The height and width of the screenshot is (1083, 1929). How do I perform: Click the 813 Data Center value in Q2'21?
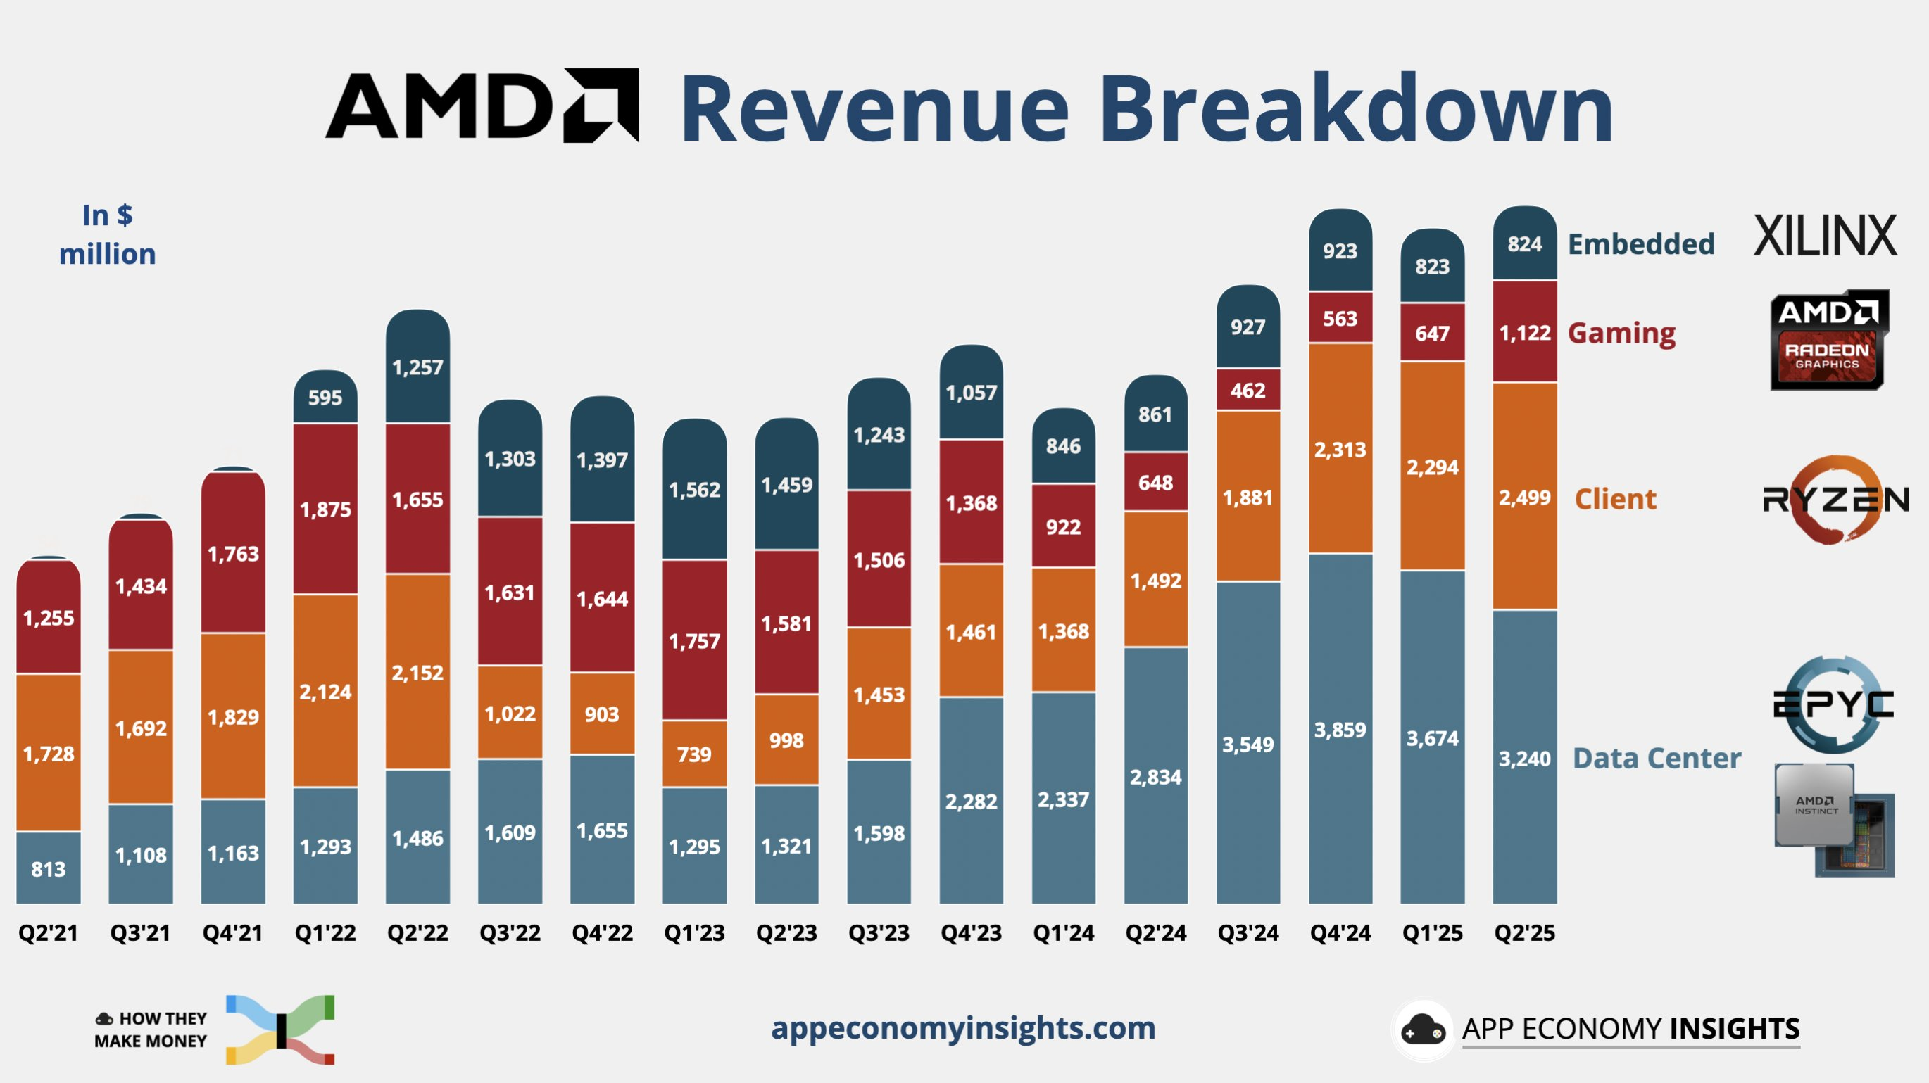(49, 869)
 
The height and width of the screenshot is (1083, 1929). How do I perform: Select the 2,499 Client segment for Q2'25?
(1524, 497)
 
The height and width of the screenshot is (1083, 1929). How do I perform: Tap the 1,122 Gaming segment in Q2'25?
(1524, 332)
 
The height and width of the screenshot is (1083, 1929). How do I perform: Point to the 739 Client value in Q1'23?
(694, 754)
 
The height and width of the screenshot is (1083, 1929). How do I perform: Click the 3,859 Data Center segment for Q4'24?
(1340, 729)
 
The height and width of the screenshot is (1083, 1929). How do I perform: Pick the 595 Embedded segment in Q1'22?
(325, 398)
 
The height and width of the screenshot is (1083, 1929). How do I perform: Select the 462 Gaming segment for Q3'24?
(1248, 390)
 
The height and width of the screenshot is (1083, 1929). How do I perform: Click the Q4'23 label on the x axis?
(971, 932)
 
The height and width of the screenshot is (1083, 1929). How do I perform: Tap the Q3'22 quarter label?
(509, 932)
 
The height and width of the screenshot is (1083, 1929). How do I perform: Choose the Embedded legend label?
(1640, 244)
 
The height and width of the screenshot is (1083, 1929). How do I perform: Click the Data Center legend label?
(1657, 758)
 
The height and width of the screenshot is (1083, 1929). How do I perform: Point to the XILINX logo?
(1825, 236)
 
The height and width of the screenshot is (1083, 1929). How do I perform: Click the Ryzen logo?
(1835, 498)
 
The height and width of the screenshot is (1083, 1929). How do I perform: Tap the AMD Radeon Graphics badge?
(1827, 340)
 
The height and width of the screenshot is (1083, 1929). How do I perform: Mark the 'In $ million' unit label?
(107, 234)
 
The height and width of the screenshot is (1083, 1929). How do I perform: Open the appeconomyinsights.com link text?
(963, 1027)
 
